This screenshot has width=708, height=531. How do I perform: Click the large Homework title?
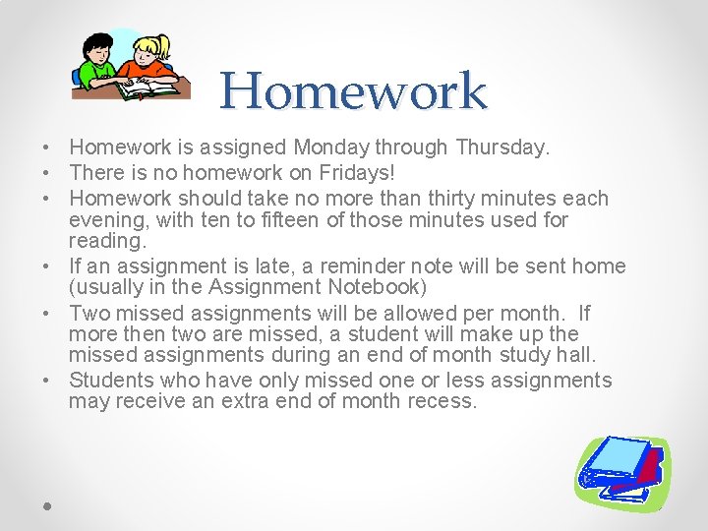click(353, 91)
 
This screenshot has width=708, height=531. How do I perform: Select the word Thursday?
click(501, 147)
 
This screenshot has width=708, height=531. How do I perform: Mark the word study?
click(528, 355)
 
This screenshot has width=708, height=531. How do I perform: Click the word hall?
click(577, 355)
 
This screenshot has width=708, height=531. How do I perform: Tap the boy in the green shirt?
click(99, 64)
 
